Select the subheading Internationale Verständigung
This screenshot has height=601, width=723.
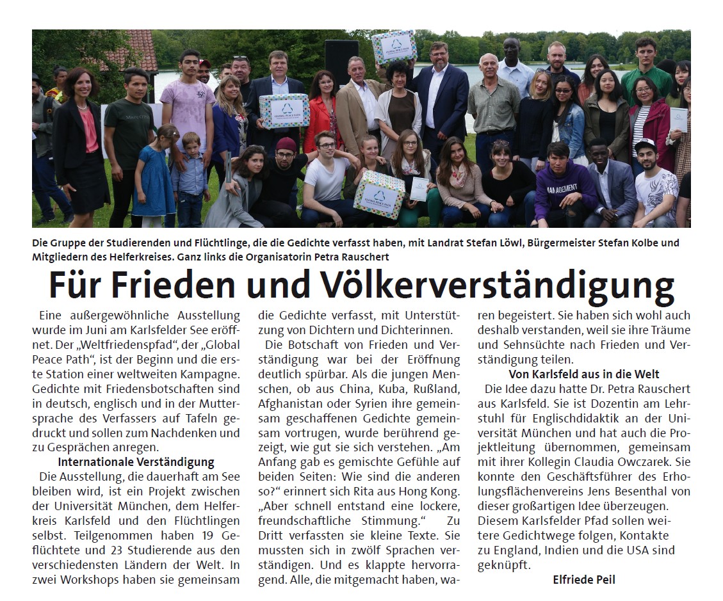tap(136, 461)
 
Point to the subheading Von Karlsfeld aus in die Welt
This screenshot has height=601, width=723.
tap(583, 374)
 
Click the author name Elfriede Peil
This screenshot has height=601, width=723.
tap(583, 581)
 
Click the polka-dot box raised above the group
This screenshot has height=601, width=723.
tap(394, 47)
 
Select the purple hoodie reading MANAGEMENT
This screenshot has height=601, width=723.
tap(564, 188)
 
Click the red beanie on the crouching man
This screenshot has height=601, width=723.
tap(286, 143)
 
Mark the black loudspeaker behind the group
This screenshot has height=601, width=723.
tap(341, 61)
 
